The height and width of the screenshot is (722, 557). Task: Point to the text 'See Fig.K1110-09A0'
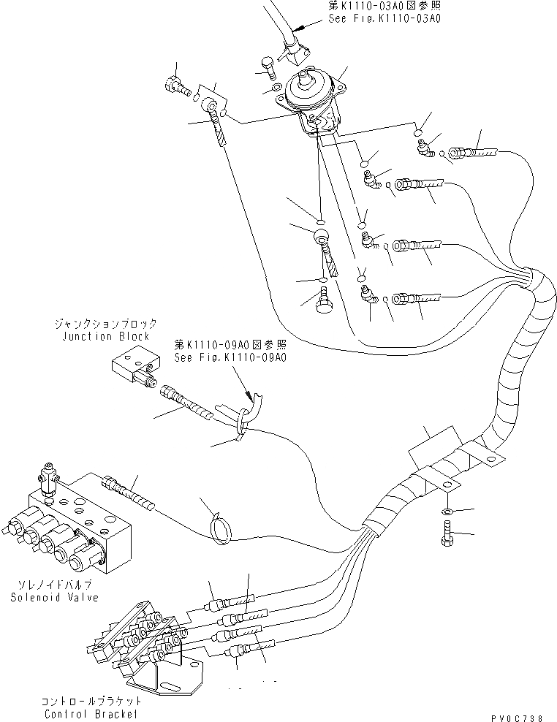click(x=230, y=357)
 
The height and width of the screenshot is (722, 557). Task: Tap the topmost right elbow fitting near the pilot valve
click(x=425, y=150)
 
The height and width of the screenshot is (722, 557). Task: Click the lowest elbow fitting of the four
click(x=369, y=295)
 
